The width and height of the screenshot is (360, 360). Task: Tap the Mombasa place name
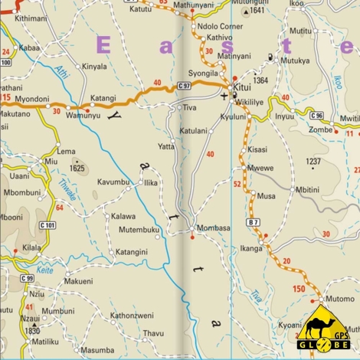click(213, 228)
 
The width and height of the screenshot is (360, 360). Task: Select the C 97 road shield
click(184, 85)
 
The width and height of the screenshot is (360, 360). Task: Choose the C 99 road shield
click(27, 278)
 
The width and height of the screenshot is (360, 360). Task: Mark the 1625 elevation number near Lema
click(77, 168)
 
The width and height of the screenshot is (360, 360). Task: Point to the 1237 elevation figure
click(314, 162)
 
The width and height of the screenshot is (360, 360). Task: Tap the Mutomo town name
click(340, 299)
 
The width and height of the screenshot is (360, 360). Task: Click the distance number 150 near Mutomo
click(299, 289)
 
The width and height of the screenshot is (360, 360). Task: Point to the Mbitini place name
click(308, 189)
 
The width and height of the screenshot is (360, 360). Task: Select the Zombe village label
click(321, 130)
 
